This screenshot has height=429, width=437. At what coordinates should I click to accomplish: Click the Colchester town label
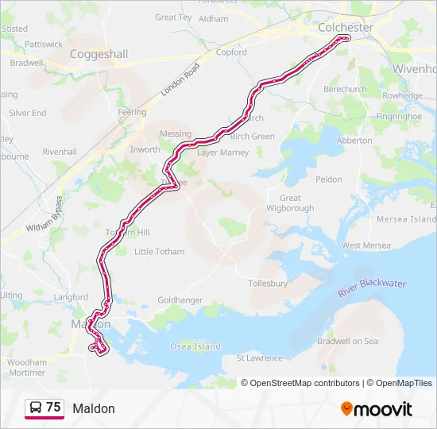(345, 27)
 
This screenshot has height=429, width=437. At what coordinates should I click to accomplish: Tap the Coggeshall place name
(99, 54)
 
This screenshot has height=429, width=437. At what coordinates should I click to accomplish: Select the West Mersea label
(365, 245)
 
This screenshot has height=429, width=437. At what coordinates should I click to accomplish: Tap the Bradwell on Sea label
(348, 341)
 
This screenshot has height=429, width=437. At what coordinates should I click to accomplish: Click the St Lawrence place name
(260, 358)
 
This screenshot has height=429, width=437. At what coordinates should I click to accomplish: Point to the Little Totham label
(159, 252)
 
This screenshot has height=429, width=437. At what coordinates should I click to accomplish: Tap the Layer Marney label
(223, 152)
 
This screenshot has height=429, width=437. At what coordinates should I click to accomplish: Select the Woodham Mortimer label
(26, 367)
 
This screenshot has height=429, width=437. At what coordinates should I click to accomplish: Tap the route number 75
(53, 408)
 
